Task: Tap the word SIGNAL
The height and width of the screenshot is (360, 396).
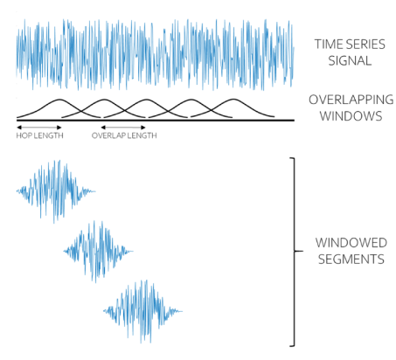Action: [x=350, y=60]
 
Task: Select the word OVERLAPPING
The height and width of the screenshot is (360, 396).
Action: [x=351, y=100]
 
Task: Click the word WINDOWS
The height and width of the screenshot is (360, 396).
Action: [x=351, y=116]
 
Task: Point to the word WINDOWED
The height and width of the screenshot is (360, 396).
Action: [x=351, y=243]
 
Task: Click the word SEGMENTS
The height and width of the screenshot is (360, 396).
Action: [x=351, y=259]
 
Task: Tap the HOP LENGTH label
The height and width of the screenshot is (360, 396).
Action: [x=39, y=135]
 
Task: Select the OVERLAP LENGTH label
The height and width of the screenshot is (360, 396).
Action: [x=124, y=135]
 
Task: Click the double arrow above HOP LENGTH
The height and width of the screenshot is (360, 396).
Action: [x=39, y=128]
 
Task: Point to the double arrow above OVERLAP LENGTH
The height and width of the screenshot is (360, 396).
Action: [x=123, y=128]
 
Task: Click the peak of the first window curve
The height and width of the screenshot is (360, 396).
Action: [x=59, y=100]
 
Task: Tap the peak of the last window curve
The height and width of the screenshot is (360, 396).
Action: [x=233, y=100]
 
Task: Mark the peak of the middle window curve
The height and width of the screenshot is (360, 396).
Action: [x=146, y=100]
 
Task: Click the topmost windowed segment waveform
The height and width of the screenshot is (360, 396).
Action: [x=55, y=191]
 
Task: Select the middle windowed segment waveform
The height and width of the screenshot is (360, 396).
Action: [x=98, y=251]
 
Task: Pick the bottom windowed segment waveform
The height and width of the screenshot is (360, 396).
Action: [x=142, y=311]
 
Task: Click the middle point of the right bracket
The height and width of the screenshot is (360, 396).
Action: [x=295, y=251]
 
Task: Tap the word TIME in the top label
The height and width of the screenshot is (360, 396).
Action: [x=327, y=45]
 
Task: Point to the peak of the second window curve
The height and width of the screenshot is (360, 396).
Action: [x=104, y=100]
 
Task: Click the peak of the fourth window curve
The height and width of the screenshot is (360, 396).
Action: [x=191, y=100]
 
